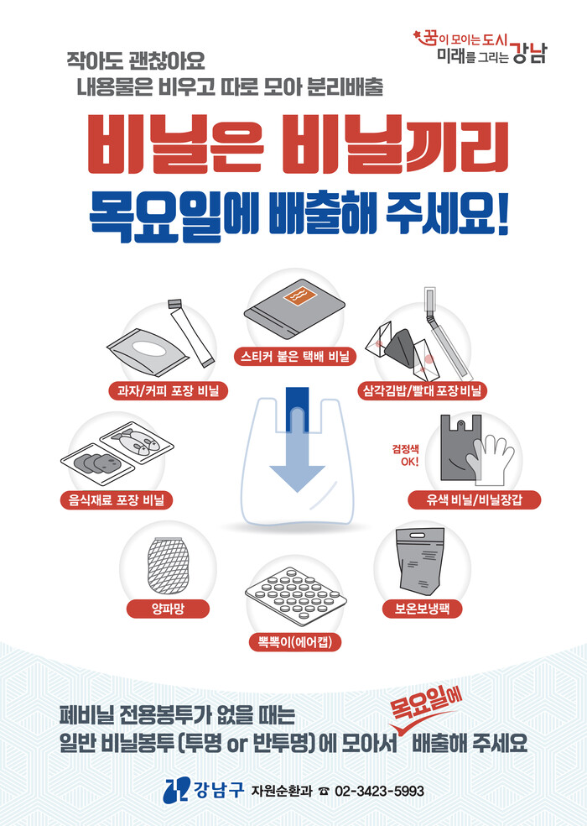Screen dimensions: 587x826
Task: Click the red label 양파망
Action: [168, 609]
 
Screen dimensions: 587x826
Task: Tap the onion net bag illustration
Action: [168, 565]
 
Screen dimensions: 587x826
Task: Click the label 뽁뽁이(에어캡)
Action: [295, 642]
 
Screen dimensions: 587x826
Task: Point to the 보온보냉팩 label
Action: [422, 609]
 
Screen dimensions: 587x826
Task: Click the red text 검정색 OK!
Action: [405, 455]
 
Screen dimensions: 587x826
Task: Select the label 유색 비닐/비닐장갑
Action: [474, 500]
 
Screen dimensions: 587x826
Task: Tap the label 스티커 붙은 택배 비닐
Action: [295, 357]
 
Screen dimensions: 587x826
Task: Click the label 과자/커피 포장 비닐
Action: [168, 391]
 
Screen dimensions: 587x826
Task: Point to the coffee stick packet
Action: [190, 333]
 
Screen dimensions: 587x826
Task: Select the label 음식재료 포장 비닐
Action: [117, 500]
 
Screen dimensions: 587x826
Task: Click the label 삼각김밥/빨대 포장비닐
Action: [422, 391]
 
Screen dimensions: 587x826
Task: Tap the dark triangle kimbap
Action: [401, 344]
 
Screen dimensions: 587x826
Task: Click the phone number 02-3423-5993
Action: [380, 792]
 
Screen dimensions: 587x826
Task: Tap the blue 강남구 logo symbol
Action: [177, 790]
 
